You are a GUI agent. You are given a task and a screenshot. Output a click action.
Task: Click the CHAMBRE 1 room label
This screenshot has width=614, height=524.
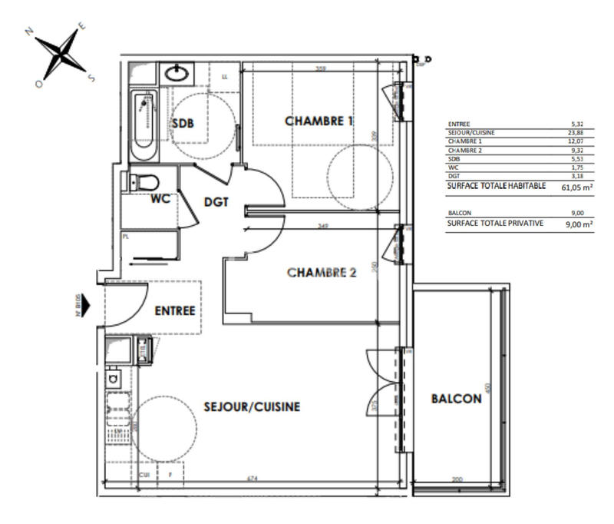tap(319, 121)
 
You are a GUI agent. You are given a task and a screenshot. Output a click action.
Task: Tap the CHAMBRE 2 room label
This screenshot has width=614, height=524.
tap(322, 272)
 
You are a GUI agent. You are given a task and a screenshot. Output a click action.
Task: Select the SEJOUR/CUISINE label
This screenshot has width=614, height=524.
tap(252, 406)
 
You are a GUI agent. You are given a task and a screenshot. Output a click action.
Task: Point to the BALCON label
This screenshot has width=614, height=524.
tap(456, 398)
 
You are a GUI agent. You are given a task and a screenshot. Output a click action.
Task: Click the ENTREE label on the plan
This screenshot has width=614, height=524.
tap(175, 311)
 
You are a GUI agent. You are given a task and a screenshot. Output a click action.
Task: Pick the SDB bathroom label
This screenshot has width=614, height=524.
tap(183, 124)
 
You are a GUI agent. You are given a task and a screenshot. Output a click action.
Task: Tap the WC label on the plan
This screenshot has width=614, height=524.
tap(160, 199)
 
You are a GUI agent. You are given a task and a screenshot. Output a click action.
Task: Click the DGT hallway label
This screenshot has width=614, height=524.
tap(218, 204)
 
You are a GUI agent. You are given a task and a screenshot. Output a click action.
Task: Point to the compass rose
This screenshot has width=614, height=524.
tap(60, 55)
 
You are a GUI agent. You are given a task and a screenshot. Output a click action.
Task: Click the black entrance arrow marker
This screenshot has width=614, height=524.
tap(86, 306)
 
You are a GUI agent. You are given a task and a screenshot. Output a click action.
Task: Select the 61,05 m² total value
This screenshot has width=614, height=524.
tap(577, 186)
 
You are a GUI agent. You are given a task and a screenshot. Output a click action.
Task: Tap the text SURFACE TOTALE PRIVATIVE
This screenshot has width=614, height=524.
tap(495, 223)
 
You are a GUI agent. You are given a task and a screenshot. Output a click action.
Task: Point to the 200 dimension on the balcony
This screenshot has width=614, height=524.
tap(458, 479)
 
